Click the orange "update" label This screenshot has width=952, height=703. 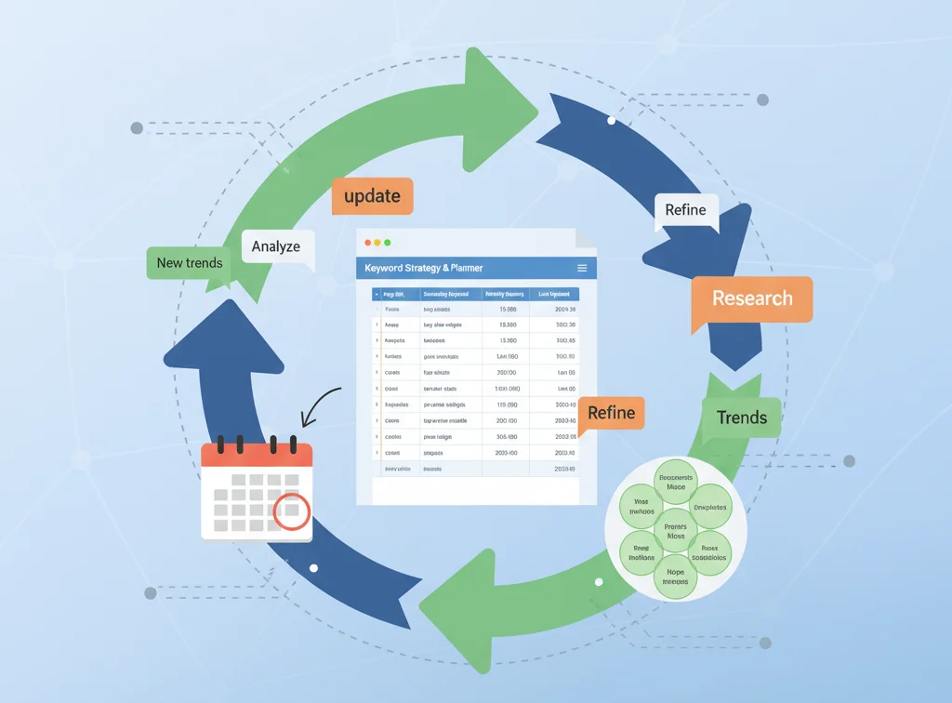coord(372,196)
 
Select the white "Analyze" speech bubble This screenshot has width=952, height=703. coord(276,246)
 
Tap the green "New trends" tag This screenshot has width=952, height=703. coord(189,263)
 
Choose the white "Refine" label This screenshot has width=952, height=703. coord(685,210)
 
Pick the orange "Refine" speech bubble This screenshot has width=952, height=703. coord(611,413)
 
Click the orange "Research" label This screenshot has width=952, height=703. coord(752,298)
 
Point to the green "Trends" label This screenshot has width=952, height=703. coord(742,417)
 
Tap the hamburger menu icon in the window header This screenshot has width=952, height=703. coord(582,268)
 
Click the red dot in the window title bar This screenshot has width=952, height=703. coord(368,243)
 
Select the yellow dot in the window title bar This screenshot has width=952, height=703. coord(377,243)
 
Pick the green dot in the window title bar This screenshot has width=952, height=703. coord(387,243)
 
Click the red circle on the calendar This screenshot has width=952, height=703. coord(293,511)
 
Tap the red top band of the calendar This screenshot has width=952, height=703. coord(257,455)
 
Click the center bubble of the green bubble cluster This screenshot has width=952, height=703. coord(676,530)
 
